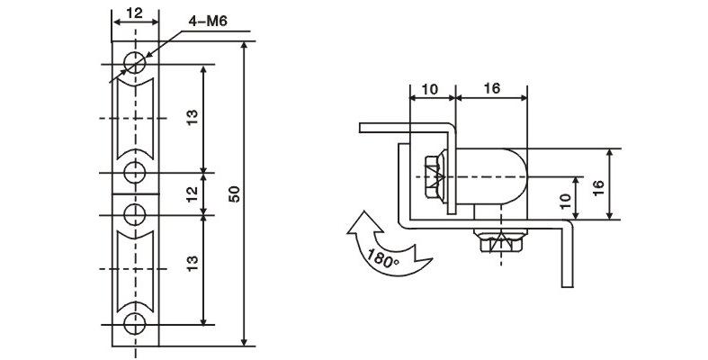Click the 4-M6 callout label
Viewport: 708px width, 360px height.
pyautogui.click(x=207, y=22)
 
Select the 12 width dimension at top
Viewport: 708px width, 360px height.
pyautogui.click(x=135, y=13)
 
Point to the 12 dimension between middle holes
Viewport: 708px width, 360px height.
pyautogui.click(x=192, y=193)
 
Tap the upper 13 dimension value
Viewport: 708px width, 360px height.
pyautogui.click(x=192, y=118)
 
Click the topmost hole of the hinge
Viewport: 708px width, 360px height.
pyautogui.click(x=135, y=63)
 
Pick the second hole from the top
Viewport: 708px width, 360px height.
pyautogui.click(x=135, y=172)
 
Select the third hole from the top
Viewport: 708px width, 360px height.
pyautogui.click(x=135, y=214)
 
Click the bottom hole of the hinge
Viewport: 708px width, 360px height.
pyautogui.click(x=135, y=323)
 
